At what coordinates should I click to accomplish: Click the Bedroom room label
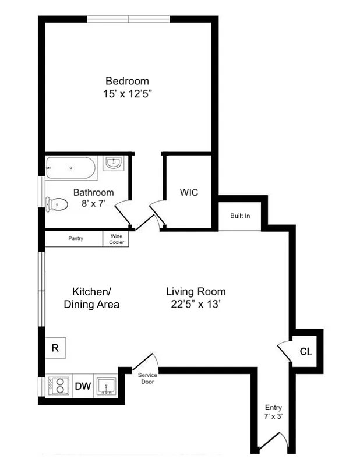point(127,81)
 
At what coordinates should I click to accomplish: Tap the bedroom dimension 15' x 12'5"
point(127,93)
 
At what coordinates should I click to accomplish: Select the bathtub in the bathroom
point(70,168)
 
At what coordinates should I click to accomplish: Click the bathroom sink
point(113,163)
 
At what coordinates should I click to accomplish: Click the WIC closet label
point(189,192)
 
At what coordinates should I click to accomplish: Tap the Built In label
point(240,216)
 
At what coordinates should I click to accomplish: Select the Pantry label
point(75,238)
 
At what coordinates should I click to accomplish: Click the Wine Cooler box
point(117,239)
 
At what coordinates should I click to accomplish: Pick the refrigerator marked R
point(55,348)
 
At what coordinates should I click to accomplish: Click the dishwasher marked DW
point(82,386)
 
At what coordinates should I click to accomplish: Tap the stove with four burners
point(57,386)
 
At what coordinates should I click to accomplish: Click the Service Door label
point(147,378)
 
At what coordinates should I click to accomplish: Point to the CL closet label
point(305,351)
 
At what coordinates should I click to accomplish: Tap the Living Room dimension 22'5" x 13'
point(196,304)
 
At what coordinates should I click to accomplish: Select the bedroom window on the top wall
point(128,19)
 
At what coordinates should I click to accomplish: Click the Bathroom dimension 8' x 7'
point(93,204)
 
